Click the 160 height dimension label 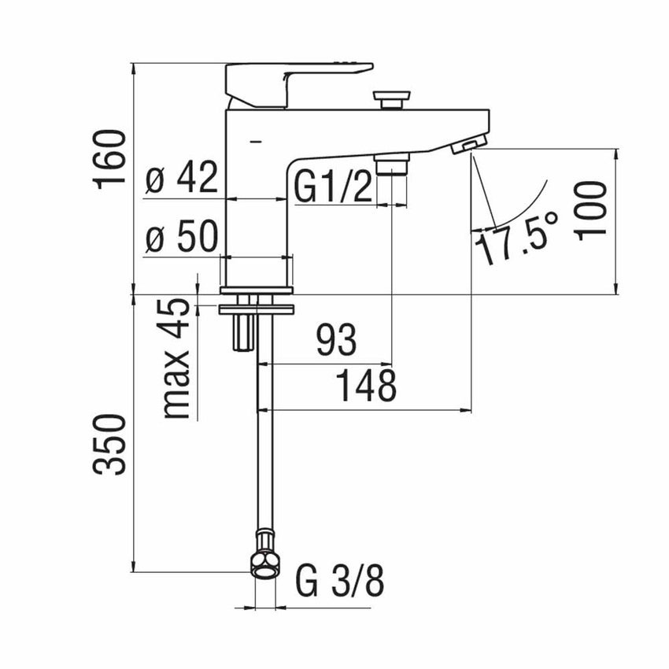click(x=110, y=159)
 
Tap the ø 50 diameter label click(x=182, y=236)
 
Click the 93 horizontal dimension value click(x=336, y=341)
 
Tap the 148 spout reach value click(x=365, y=386)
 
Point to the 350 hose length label click(x=110, y=445)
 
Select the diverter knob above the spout click(x=392, y=98)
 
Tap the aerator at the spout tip click(x=469, y=145)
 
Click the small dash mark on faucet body click(x=253, y=142)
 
